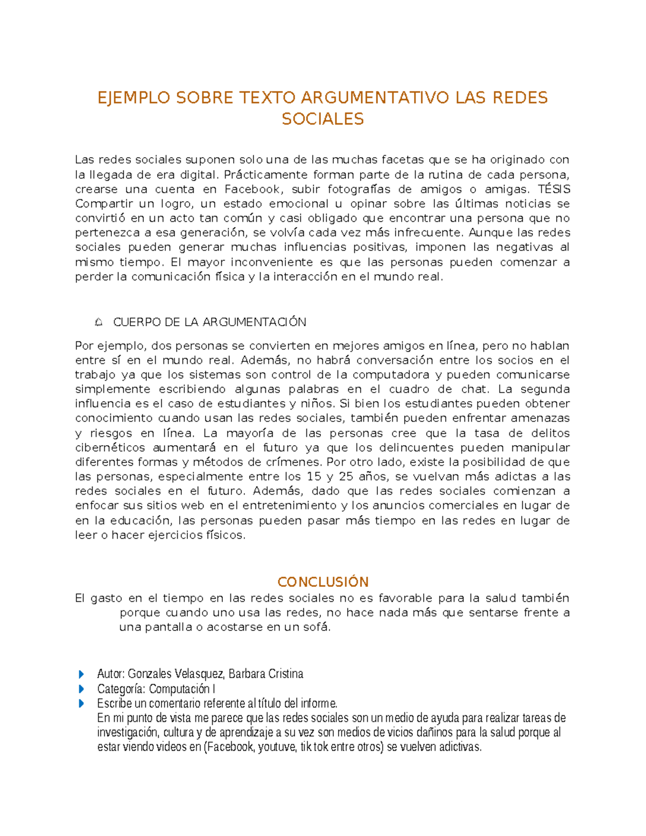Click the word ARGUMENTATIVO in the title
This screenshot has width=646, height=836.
pos(375,98)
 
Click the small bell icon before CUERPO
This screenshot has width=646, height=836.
pos(99,322)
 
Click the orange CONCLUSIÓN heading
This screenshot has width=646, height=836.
pos(323,582)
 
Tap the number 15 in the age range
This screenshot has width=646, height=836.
pos(314,476)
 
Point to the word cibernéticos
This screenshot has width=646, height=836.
pos(110,447)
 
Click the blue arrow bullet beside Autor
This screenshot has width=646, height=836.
pos(81,674)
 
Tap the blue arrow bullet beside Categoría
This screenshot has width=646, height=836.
pos(81,689)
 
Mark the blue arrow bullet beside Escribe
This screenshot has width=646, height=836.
pos(81,703)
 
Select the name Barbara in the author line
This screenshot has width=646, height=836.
pos(245,674)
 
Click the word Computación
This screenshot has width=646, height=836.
pos(179,689)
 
